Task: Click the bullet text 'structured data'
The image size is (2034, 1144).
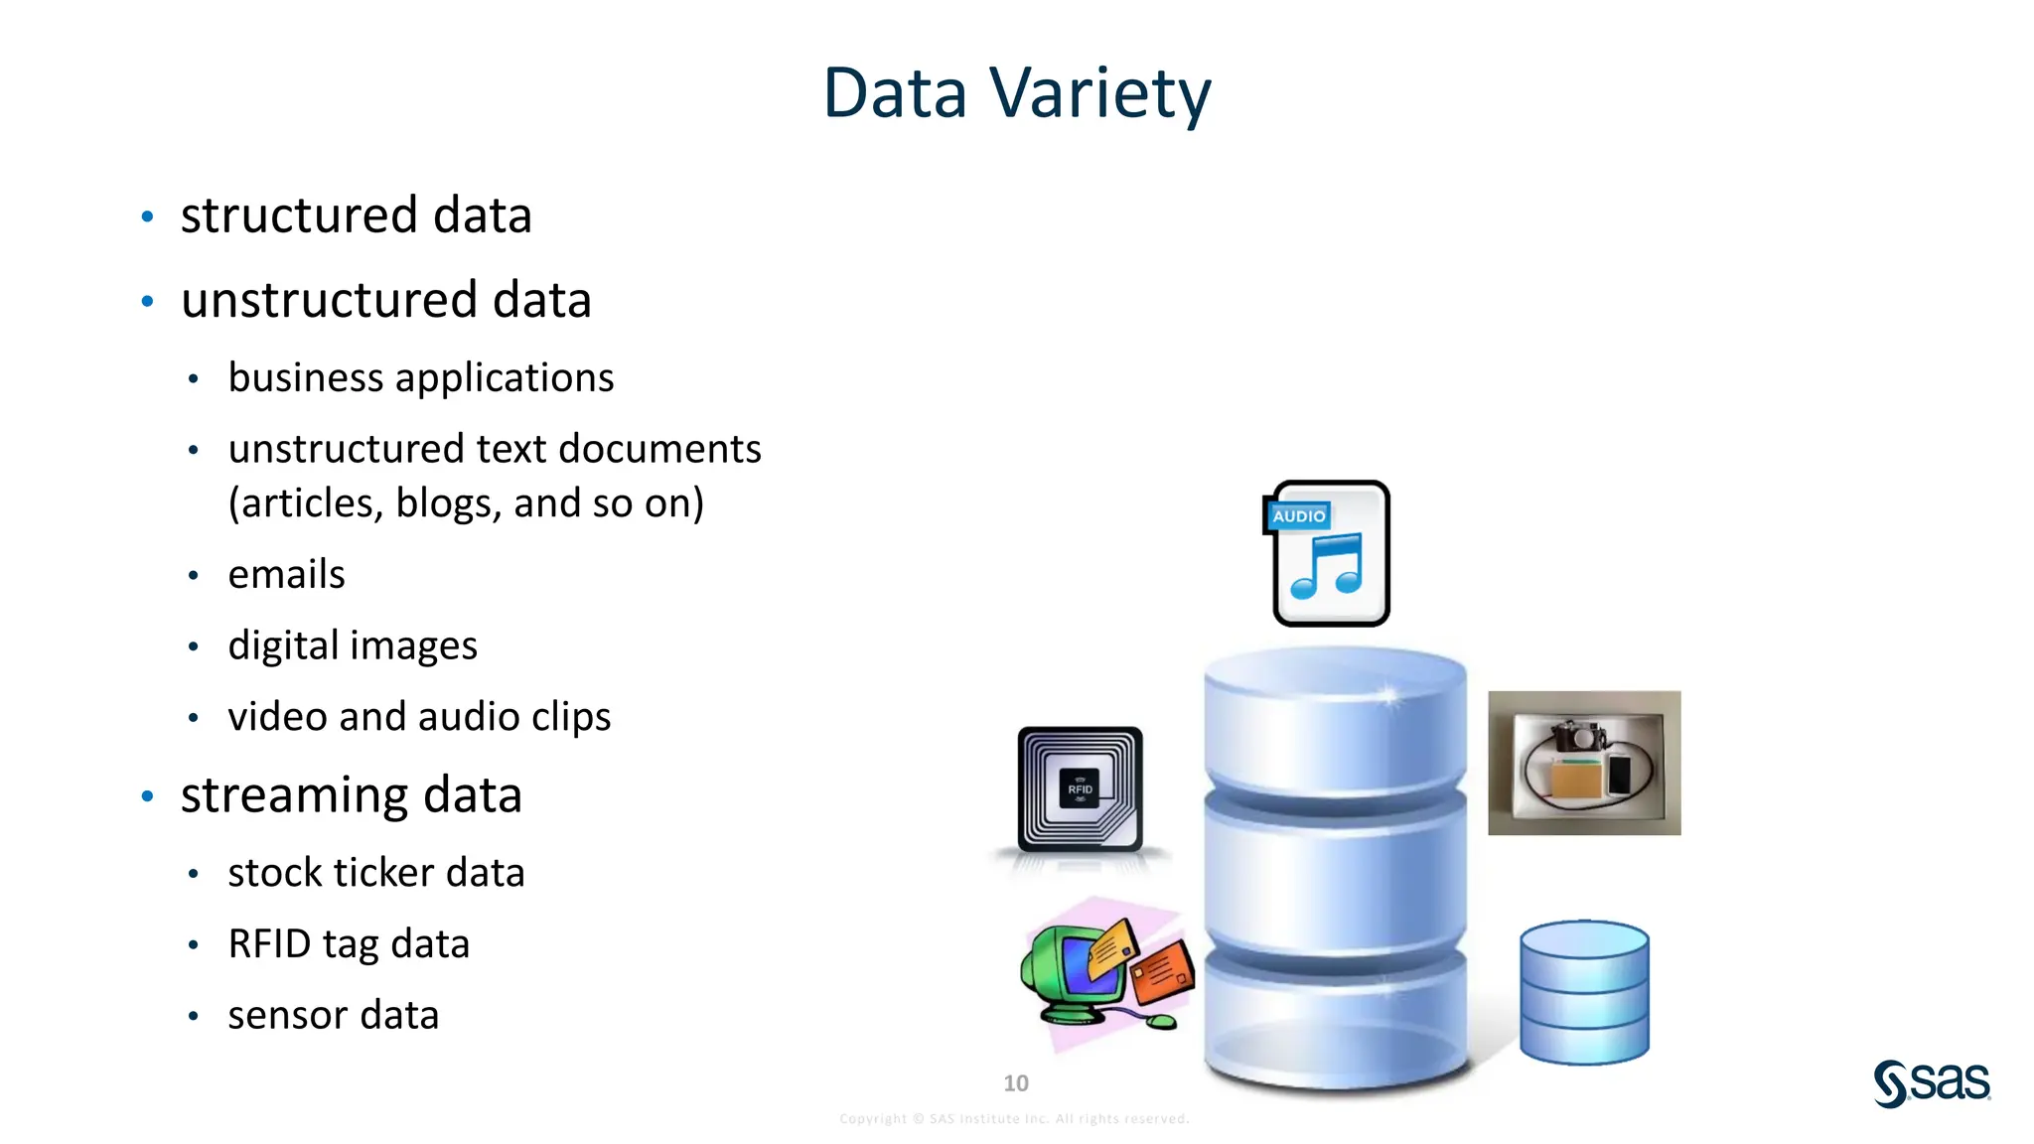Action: (356, 215)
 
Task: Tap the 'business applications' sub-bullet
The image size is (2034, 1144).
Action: (420, 378)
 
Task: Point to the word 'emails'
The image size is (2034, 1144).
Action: (286, 575)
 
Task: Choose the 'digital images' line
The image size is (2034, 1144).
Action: (352, 646)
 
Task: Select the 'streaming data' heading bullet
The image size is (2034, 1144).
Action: (351, 795)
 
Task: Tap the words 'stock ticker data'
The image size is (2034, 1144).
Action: (375, 873)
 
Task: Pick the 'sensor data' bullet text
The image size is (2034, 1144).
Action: (333, 1016)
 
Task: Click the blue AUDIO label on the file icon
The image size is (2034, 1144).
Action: (1298, 516)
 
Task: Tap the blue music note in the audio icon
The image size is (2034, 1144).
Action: (1327, 567)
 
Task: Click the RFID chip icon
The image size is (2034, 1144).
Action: (1080, 789)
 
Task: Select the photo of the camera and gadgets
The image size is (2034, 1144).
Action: (1583, 763)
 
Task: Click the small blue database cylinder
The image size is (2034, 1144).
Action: (1583, 992)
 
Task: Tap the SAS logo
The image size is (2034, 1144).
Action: (1931, 1082)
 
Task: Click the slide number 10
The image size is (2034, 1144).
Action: (1015, 1083)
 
